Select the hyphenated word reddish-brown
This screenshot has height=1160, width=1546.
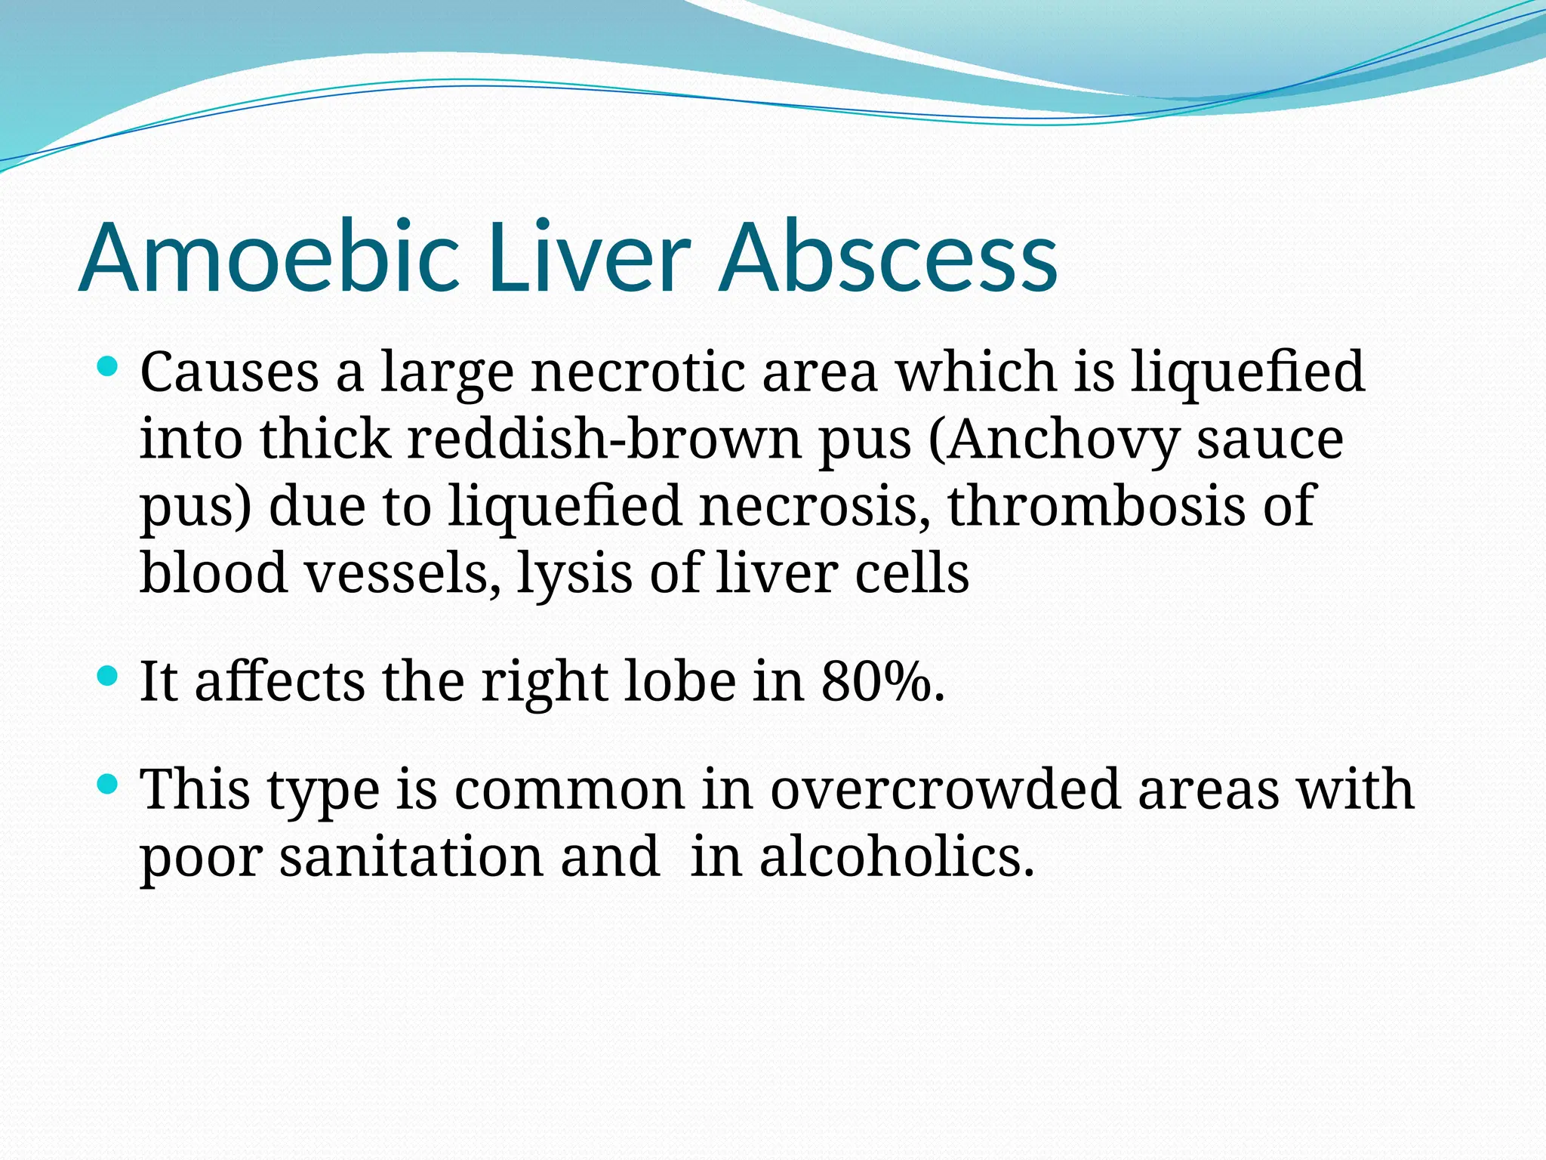click(605, 439)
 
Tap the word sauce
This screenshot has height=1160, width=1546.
click(1270, 439)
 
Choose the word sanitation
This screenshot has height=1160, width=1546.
click(411, 856)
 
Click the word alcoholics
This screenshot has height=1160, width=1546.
click(897, 856)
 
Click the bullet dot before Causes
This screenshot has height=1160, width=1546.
click(109, 368)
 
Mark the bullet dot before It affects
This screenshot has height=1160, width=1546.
click(109, 677)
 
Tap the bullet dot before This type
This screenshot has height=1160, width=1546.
click(109, 785)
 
